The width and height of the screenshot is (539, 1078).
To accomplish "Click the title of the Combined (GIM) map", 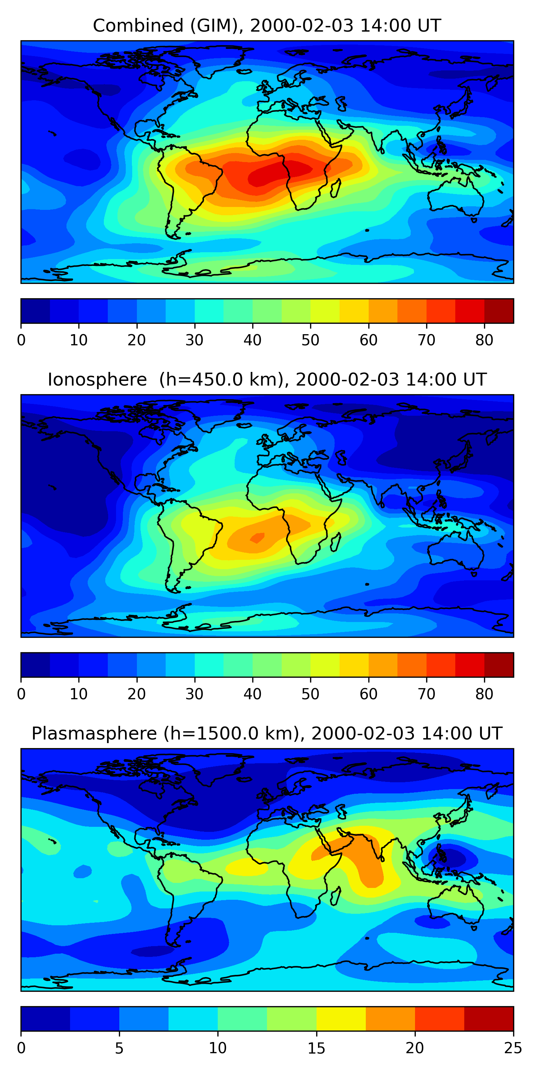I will [x=267, y=26].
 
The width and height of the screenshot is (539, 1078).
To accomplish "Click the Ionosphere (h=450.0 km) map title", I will [x=267, y=380].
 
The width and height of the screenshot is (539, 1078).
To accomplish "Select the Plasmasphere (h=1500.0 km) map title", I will [x=267, y=734].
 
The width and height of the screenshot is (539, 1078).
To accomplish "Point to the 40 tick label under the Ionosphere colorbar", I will [x=252, y=694].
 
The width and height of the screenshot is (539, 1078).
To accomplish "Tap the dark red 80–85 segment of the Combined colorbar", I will [x=499, y=311].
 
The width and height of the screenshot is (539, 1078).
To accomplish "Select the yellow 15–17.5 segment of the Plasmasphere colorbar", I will [x=341, y=1019].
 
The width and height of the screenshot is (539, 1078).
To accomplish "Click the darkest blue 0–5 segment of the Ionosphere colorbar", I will [x=36, y=664].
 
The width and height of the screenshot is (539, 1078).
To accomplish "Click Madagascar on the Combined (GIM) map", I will [x=336, y=188].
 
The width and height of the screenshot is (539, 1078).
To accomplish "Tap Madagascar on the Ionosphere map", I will [x=336, y=542].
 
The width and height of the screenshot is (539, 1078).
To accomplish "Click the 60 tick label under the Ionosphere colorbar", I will [x=368, y=694].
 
